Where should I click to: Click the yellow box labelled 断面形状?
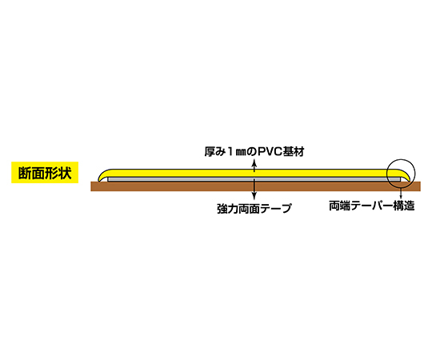(45, 173)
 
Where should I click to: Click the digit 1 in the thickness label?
(230, 152)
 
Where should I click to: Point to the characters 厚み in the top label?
(215, 152)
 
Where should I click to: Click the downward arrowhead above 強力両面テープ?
(254, 196)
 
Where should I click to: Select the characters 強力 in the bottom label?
(227, 209)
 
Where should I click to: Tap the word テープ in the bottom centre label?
(276, 209)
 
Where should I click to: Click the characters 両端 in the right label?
(339, 206)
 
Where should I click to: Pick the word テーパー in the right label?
(371, 206)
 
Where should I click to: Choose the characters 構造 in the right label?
(404, 206)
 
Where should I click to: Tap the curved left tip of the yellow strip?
(102, 176)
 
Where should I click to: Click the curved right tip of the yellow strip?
(406, 176)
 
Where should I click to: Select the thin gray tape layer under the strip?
(254, 179)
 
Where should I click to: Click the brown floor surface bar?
(256, 186)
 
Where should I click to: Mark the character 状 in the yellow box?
(65, 173)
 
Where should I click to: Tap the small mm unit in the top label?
(241, 153)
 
